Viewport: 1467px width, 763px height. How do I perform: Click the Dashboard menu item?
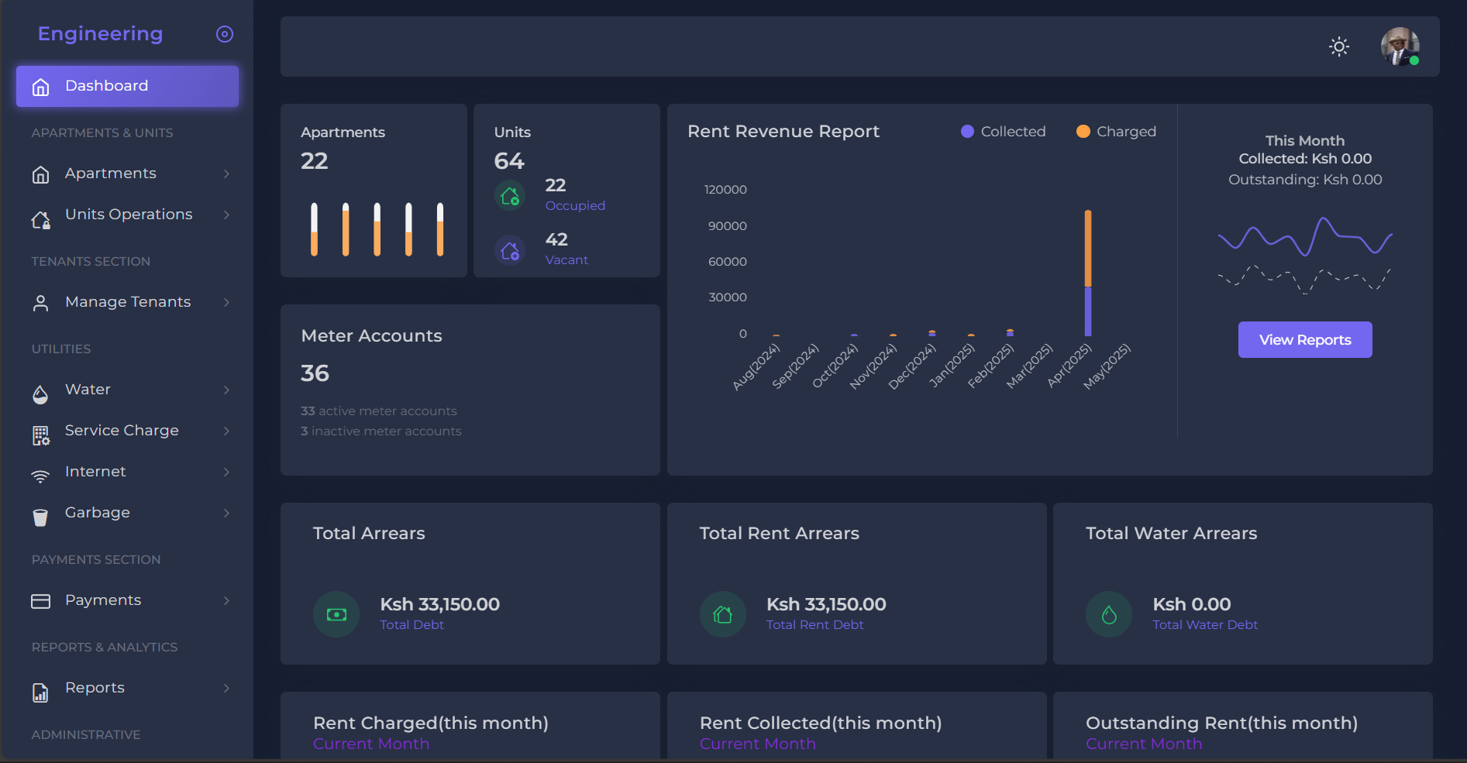(x=127, y=86)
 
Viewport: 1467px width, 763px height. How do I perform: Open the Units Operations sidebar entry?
(x=129, y=215)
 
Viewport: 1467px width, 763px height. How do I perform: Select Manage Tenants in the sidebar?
(x=128, y=302)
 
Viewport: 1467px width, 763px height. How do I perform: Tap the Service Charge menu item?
(x=122, y=431)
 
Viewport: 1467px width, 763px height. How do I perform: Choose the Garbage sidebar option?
(x=98, y=513)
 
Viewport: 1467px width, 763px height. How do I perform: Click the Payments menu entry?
(x=103, y=600)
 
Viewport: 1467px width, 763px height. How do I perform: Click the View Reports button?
(x=1304, y=340)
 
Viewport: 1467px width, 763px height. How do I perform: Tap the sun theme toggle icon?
(x=1338, y=46)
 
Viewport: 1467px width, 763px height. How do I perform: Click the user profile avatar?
(x=1400, y=46)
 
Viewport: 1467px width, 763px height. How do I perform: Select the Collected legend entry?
(x=1004, y=132)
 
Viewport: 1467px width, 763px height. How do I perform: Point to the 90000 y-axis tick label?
(x=727, y=226)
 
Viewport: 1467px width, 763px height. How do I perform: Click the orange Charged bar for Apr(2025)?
(x=1088, y=248)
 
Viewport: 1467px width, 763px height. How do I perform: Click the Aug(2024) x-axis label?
(x=756, y=366)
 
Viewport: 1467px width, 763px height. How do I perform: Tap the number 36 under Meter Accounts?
(x=315, y=373)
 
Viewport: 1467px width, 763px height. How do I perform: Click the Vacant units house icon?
(x=510, y=250)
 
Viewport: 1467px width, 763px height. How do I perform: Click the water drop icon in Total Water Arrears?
(x=1109, y=615)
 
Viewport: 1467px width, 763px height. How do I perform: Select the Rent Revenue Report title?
(x=783, y=132)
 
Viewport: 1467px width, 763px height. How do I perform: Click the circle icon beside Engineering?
(x=225, y=34)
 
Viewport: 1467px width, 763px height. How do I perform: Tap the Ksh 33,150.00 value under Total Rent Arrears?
(x=825, y=604)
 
